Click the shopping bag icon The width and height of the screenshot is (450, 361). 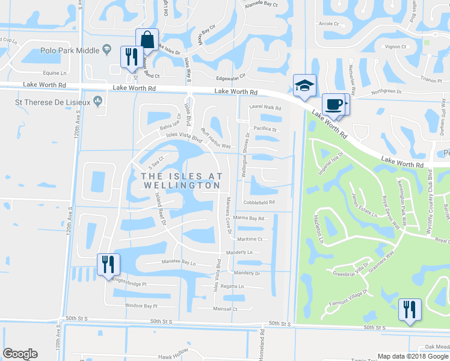(147, 40)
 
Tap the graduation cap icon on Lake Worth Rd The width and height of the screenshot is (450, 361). (304, 86)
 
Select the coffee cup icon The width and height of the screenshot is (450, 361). (333, 104)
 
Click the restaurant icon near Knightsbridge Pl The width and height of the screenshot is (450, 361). (108, 265)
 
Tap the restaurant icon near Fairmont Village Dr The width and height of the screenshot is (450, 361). (410, 310)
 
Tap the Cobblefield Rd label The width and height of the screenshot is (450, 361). (259, 202)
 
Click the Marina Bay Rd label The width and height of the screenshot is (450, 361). (248, 218)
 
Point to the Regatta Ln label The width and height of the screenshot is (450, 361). (232, 286)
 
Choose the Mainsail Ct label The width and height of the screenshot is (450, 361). (226, 309)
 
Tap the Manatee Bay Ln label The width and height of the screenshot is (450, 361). (179, 262)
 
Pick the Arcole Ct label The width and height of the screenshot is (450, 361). (328, 24)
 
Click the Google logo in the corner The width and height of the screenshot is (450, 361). (20, 354)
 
